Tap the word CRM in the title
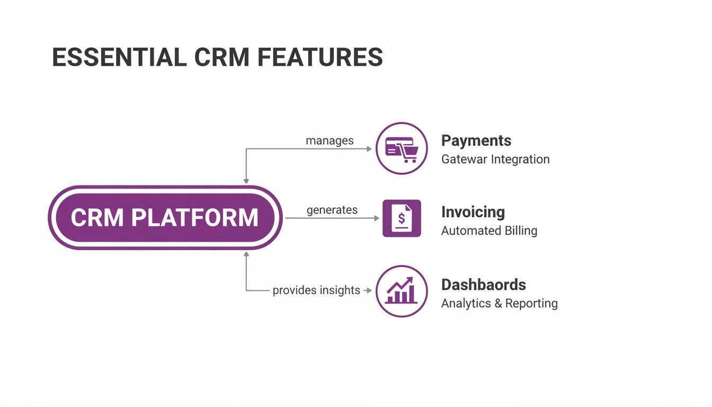[x=218, y=57]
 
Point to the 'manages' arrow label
[x=330, y=140]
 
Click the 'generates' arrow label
[x=332, y=210]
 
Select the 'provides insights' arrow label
[x=316, y=290]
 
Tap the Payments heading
[x=476, y=140]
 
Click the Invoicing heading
[x=473, y=212]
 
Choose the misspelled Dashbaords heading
[x=483, y=285]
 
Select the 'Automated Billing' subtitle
[x=489, y=231]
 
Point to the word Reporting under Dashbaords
[x=531, y=303]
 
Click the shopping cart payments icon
[x=402, y=148]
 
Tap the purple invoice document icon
[x=402, y=218]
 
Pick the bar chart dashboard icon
[x=402, y=291]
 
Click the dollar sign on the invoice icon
[x=402, y=217]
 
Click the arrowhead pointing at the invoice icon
[x=377, y=218]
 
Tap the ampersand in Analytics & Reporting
[x=498, y=303]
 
